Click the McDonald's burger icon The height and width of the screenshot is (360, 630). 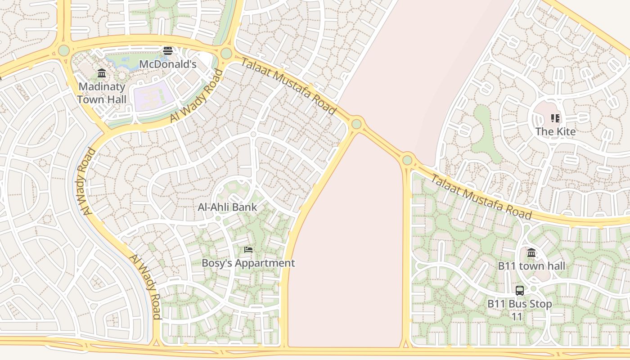[168, 51]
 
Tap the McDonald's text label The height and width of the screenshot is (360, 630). [168, 64]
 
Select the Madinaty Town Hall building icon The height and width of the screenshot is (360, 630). [102, 73]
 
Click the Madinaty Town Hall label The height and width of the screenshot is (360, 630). [102, 93]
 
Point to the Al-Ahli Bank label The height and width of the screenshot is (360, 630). [227, 207]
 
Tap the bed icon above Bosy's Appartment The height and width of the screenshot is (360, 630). [248, 250]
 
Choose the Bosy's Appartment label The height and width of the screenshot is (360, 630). [248, 263]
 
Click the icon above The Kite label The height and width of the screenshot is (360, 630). [555, 118]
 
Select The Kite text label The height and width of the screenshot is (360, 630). [555, 132]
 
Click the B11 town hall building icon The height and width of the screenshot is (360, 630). [531, 252]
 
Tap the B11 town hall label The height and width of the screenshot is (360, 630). [531, 266]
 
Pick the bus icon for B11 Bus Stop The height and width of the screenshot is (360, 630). [520, 291]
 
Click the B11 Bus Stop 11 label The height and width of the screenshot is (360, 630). [520, 310]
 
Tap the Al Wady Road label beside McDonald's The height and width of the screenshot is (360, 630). [197, 96]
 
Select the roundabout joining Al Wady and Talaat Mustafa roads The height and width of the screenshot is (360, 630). [226, 54]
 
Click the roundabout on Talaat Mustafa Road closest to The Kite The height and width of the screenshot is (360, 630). [408, 160]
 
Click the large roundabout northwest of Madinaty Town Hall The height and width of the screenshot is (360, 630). [64, 50]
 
